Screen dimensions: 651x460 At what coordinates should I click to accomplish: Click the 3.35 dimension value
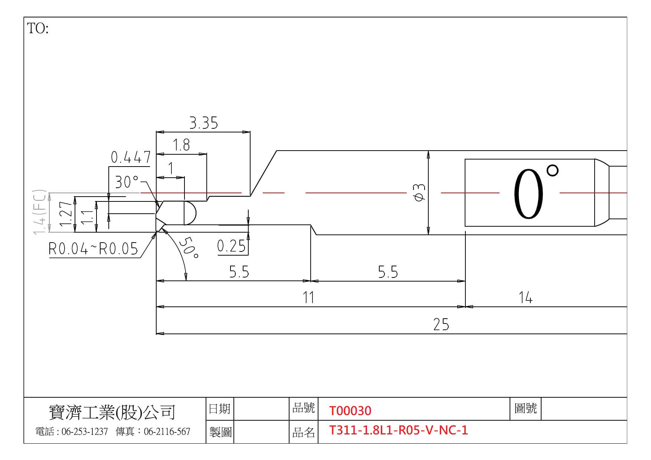[x=204, y=123]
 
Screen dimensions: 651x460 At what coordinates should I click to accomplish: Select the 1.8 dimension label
[x=181, y=145]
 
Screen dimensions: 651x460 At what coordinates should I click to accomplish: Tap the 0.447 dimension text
[x=131, y=157]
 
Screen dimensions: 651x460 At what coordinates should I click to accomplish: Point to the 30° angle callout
[x=127, y=182]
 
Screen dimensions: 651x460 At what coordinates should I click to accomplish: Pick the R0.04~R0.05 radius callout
[x=93, y=249]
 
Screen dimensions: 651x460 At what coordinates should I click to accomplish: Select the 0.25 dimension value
[x=232, y=246]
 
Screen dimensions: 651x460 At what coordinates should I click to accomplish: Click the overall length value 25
[x=441, y=324]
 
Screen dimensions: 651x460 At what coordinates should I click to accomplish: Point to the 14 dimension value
[x=526, y=298]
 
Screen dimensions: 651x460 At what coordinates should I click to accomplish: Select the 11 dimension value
[x=308, y=298]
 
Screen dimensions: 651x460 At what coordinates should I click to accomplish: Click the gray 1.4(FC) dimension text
[x=40, y=212]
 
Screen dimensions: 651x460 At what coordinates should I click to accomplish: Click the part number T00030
[x=350, y=411]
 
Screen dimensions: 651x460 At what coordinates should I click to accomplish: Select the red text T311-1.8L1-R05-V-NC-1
[x=399, y=430]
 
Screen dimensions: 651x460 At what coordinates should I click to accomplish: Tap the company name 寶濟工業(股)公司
[x=112, y=412]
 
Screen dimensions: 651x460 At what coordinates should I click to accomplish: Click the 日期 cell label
[x=219, y=409]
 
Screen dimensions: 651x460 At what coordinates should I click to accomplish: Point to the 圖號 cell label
[x=526, y=409]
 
